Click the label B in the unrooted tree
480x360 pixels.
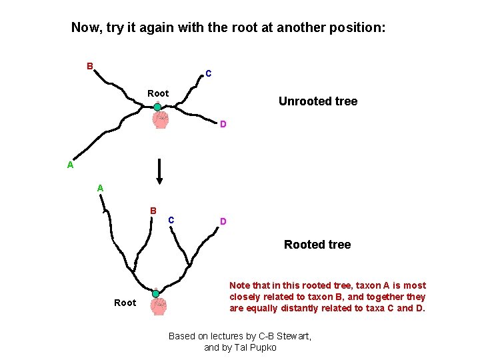89,66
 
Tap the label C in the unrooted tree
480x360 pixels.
209,73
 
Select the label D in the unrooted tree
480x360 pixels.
223,124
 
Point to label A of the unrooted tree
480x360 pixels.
70,165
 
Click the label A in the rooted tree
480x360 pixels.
100,188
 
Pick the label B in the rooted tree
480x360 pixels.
153,211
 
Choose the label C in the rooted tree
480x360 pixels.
171,219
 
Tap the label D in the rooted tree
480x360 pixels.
223,221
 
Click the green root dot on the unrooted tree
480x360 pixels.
157,107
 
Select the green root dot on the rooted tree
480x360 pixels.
155,293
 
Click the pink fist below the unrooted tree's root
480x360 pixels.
160,119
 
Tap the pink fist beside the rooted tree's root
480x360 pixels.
159,306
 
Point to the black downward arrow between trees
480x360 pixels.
159,171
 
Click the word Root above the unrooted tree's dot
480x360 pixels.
158,93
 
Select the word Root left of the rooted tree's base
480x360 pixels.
125,303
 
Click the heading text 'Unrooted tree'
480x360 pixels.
317,101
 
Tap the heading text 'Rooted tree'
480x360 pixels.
317,245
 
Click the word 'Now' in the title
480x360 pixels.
85,28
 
